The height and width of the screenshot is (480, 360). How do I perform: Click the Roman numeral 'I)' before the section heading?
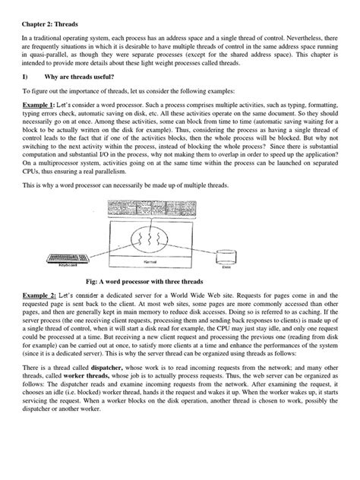24,77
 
